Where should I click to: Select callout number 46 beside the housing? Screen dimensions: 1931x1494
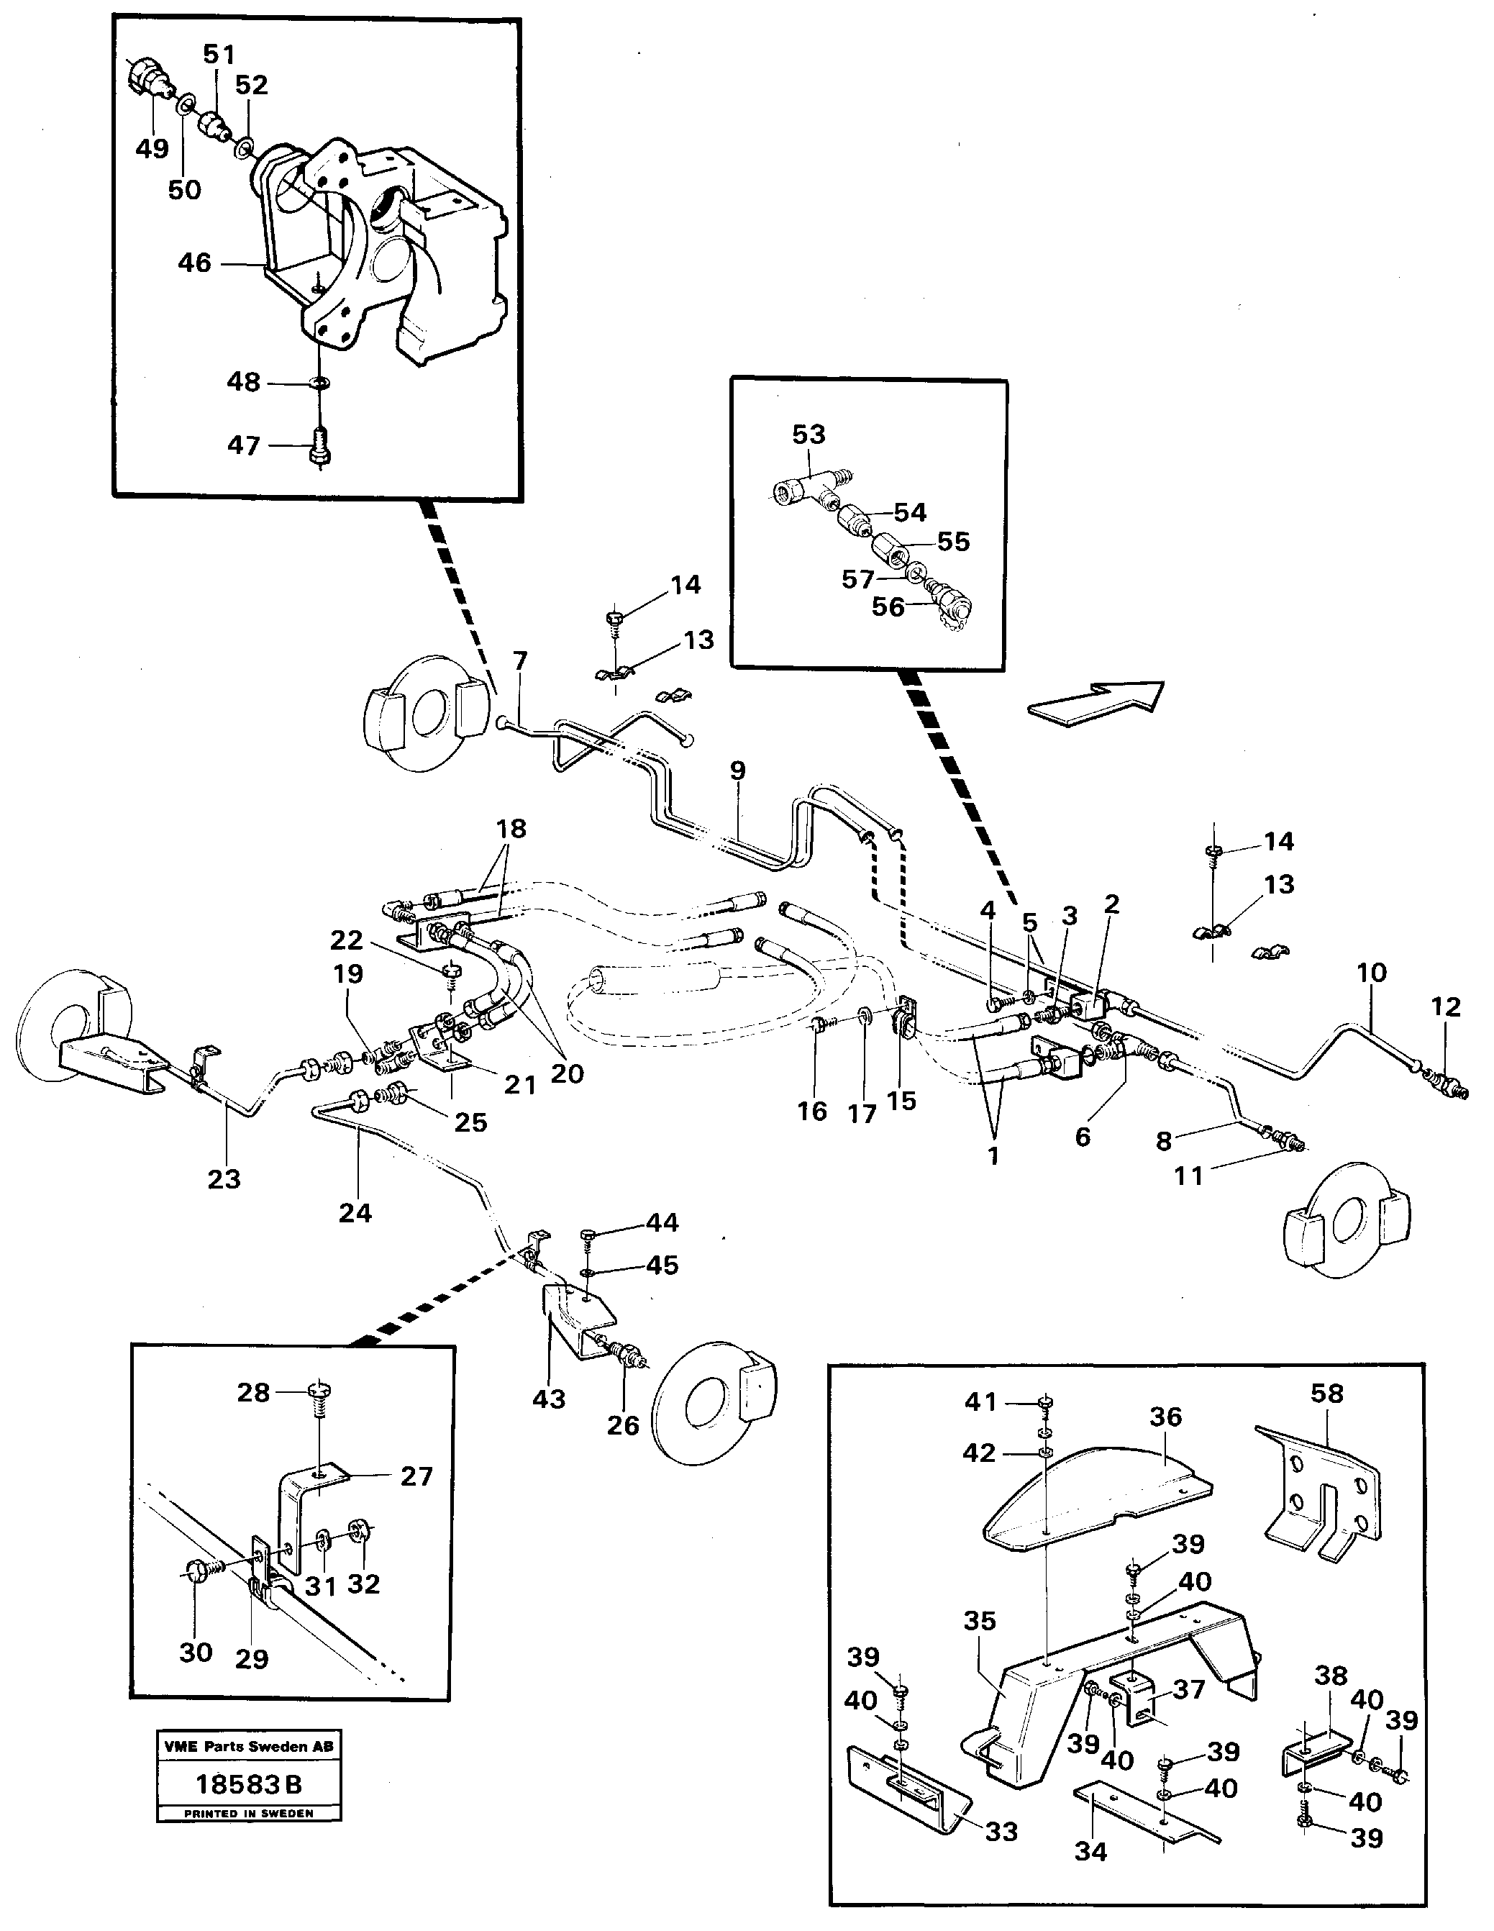click(194, 263)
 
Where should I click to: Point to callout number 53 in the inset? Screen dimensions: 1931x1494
click(808, 434)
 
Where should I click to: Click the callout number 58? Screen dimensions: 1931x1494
click(1326, 1394)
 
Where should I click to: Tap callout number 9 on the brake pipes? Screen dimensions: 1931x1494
click(737, 770)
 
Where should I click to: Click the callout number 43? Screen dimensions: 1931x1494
click(548, 1399)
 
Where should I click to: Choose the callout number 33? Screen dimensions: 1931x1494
click(1001, 1831)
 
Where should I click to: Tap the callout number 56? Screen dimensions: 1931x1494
click(888, 606)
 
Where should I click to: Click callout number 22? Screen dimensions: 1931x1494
click(347, 940)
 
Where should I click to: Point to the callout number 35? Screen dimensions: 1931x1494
click(980, 1621)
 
